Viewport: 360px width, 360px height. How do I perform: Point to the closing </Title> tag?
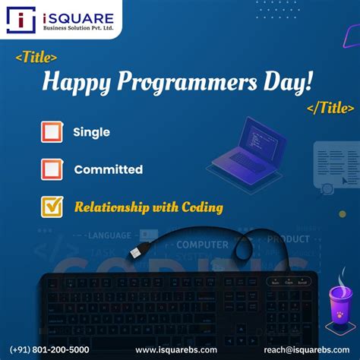click(x=330, y=108)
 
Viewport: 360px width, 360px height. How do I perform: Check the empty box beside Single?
click(x=52, y=132)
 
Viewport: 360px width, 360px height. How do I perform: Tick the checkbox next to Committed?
click(x=52, y=169)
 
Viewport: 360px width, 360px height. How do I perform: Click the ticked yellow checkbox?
click(x=52, y=207)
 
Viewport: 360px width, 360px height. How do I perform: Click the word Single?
click(x=91, y=132)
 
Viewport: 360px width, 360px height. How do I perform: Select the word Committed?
click(x=108, y=169)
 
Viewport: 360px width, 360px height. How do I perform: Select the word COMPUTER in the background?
click(x=202, y=245)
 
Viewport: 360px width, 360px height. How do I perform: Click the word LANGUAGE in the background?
click(x=109, y=236)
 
